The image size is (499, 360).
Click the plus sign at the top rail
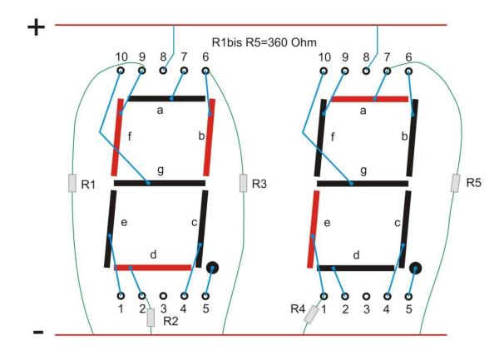pos(36,27)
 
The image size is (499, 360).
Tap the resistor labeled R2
pos(151,316)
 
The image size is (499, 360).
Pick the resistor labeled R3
pos(244,183)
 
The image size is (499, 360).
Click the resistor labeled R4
pos(312,315)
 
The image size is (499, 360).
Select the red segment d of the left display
pos(152,268)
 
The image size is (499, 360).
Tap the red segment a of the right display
pos(369,99)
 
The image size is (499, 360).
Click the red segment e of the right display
pos(313,229)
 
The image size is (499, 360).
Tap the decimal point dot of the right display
pos(416,269)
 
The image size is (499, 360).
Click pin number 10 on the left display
pos(121,72)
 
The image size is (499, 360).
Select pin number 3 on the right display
pos(366,295)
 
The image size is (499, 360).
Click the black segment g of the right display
pos(364,182)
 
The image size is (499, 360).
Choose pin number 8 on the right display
pos(366,72)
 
